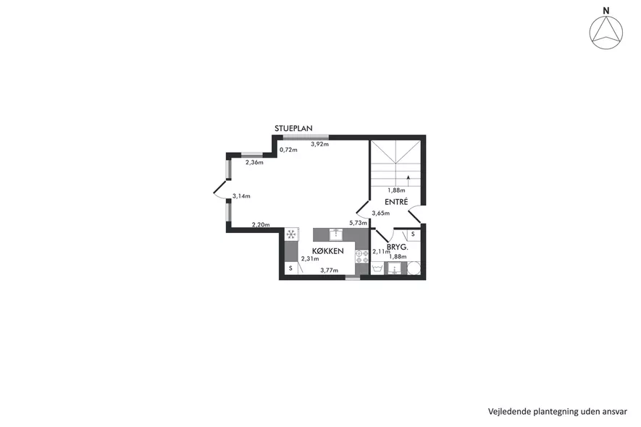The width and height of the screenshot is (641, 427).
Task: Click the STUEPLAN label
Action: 293,128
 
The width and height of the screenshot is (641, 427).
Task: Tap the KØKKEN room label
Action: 328,251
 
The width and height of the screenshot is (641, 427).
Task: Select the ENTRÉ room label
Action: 396,202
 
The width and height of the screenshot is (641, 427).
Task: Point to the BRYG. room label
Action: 398,248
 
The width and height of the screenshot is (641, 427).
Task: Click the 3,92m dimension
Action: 319,144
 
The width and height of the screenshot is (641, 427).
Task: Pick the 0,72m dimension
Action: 288,150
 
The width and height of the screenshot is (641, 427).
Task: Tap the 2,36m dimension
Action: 254,162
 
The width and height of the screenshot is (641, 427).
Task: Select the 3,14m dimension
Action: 241,196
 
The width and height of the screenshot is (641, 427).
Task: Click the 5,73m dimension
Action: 358,223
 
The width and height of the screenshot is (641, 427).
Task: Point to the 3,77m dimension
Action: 329,270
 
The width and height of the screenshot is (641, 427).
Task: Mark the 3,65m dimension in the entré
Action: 380,213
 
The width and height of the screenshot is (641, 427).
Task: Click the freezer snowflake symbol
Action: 291,234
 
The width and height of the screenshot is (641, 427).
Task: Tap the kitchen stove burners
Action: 362,257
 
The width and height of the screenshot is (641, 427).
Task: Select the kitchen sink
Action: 336,234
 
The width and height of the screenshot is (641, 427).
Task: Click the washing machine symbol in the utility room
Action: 377,269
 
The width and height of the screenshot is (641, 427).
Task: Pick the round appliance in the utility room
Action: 414,268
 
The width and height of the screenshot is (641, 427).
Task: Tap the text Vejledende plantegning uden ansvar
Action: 558,412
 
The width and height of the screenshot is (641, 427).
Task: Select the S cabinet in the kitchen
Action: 290,269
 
